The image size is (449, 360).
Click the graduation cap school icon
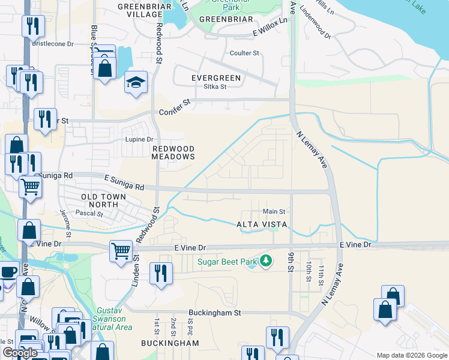136,83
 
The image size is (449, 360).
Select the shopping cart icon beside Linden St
121,250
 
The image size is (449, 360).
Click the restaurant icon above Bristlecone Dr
32,26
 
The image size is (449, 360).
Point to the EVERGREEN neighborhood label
215,78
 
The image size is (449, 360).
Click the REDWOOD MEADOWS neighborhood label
173,152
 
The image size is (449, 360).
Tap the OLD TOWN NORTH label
104,201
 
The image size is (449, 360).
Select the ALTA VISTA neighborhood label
264,224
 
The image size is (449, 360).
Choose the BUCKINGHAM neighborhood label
170,343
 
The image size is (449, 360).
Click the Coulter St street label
244,53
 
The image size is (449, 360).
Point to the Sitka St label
215,86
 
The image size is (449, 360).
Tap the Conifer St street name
175,108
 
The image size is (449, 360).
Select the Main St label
274,211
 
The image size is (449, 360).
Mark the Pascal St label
89,213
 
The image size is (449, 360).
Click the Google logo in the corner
20,352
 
